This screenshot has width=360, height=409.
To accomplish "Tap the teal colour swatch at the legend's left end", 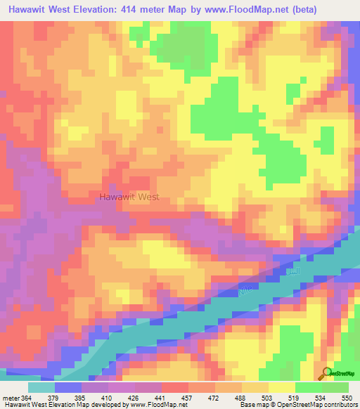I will point(41,387).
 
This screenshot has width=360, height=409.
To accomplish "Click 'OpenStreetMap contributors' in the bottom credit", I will point(309,405).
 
